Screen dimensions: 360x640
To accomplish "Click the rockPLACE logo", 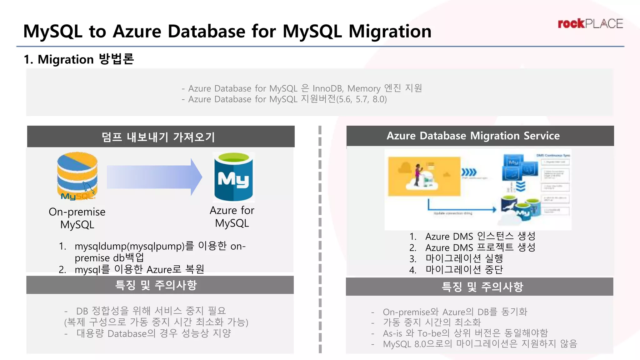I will (x=590, y=24).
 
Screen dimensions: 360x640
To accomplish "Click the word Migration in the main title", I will (x=390, y=31).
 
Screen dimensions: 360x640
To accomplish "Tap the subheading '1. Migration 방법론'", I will (x=79, y=59).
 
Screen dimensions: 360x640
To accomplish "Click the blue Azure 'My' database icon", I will (x=233, y=177).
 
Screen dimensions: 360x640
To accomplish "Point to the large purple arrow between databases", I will (x=154, y=177).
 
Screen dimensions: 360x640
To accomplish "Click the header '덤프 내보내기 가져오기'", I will (x=158, y=137).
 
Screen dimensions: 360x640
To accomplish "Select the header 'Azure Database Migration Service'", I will (x=473, y=136).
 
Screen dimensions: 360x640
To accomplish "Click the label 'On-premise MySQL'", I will (x=77, y=218).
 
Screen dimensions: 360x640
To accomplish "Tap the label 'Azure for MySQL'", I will (x=232, y=217).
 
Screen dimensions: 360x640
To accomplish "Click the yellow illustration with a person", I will (x=424, y=177).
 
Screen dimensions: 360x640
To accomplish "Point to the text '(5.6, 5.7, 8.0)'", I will (x=361, y=99).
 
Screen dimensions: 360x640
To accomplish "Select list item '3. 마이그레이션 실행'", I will (x=456, y=258).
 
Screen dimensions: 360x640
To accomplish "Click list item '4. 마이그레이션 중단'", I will (x=456, y=269).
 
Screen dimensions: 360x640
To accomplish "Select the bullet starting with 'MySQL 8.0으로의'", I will (x=480, y=344).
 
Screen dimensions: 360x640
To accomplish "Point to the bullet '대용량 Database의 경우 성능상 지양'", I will (x=153, y=333).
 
